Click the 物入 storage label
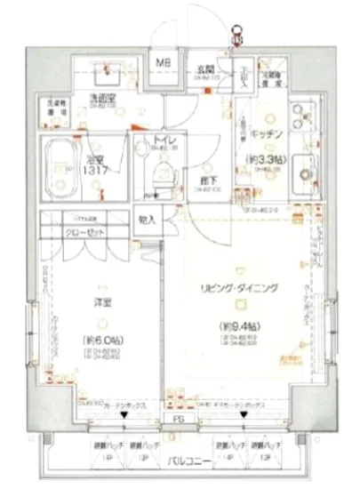(148, 219)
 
